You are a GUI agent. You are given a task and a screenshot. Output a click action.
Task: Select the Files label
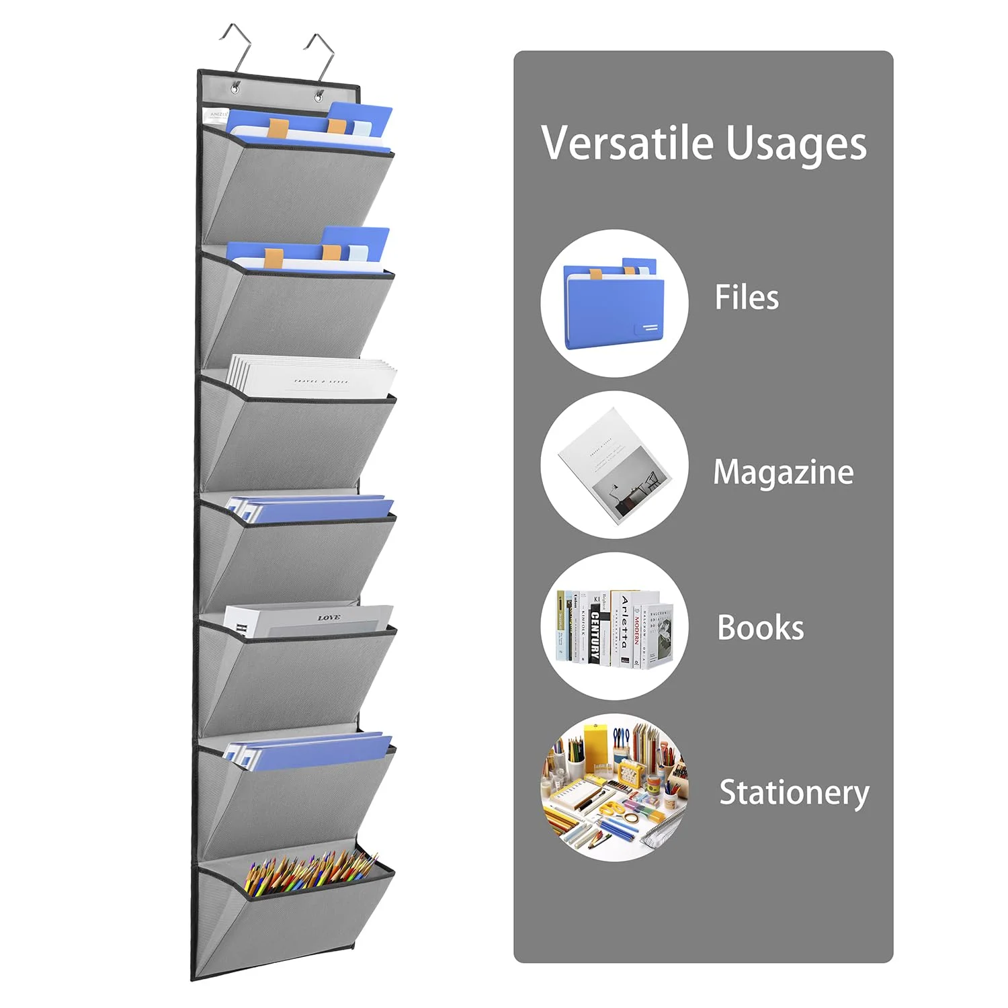[x=747, y=297]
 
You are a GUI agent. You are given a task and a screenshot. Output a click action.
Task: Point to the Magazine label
[x=783, y=472]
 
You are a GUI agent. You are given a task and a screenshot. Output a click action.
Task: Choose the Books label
[x=760, y=628]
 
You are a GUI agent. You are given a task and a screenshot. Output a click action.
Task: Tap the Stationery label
[x=794, y=792]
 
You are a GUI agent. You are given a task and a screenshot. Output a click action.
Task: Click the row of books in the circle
[x=614, y=628]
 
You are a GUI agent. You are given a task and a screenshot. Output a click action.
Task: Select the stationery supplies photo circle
[x=614, y=788]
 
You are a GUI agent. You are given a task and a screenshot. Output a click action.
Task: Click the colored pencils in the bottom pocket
[x=309, y=874]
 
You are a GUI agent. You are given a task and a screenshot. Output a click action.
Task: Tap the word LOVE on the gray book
[x=329, y=618]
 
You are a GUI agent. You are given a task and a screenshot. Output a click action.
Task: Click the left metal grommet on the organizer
[x=235, y=87]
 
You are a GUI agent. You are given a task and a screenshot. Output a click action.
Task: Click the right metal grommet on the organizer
[x=319, y=96]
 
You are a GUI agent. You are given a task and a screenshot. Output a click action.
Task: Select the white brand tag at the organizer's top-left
[x=218, y=115]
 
